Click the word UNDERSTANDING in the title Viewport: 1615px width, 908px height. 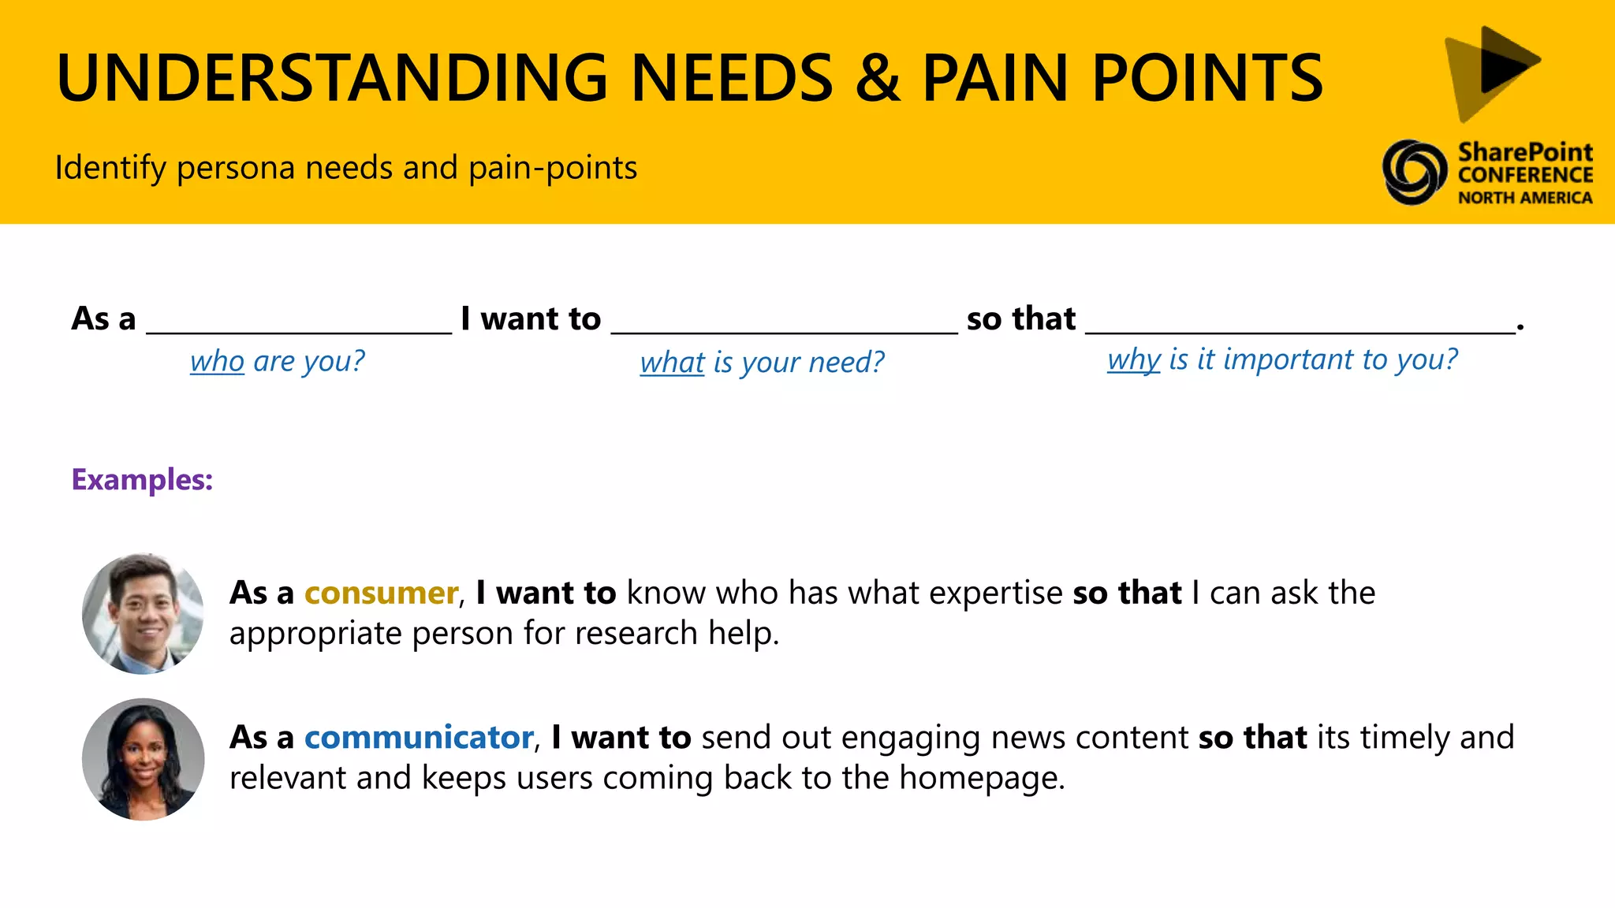tap(332, 78)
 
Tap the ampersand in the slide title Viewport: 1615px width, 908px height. tap(877, 78)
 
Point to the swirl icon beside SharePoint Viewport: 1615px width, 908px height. tap(1415, 172)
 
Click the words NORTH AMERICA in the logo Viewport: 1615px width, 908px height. tap(1524, 198)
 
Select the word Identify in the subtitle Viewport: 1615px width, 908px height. tap(110, 168)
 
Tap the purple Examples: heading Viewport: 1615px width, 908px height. tap(142, 479)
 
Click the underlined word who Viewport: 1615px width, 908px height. tap(217, 361)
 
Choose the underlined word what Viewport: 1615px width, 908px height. tap(672, 363)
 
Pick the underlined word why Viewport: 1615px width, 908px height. tap(1133, 359)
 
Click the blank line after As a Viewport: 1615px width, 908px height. tap(299, 329)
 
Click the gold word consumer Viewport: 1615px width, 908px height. tap(381, 593)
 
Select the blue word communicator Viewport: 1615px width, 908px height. tap(419, 738)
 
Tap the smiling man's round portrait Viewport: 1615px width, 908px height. tap(143, 613)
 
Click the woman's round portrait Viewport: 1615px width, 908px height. tap(143, 759)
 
